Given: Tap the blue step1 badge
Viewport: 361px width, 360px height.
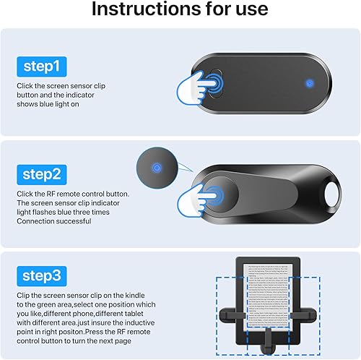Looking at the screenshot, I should point(43,67).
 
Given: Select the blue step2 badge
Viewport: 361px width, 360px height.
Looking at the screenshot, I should point(43,174).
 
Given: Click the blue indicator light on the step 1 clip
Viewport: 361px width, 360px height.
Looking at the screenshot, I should point(308,83).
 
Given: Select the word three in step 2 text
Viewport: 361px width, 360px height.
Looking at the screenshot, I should point(101,213).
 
